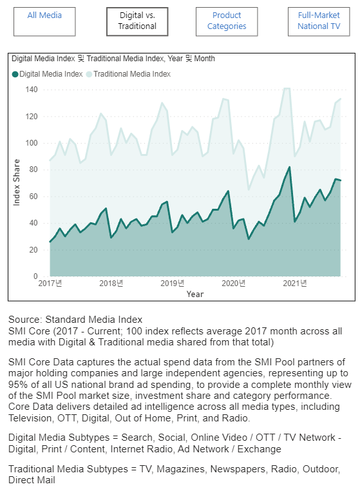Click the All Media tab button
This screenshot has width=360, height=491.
point(44,22)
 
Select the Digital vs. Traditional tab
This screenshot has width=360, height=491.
point(137,22)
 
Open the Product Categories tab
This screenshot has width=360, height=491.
point(227,22)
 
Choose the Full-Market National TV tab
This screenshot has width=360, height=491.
point(319,22)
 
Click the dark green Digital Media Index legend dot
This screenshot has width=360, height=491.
point(15,74)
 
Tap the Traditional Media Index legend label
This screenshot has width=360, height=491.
point(132,74)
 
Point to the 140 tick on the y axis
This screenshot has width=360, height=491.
point(32,90)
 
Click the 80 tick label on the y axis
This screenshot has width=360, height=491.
point(33,169)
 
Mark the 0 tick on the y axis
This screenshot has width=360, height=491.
point(35,276)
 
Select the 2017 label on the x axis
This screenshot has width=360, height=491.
point(50,284)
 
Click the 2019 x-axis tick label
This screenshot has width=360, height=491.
point(173,284)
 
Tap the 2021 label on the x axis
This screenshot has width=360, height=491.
point(295,284)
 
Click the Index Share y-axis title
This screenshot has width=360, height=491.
point(16,182)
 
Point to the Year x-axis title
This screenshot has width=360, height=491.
point(195,294)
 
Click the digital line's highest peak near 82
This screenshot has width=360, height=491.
point(290,168)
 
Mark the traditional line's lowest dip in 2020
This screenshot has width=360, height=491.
point(249,189)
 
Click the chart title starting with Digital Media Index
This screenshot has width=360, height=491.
point(113,59)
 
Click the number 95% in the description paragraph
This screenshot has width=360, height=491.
point(18,385)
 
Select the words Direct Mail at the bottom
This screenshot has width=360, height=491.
point(32,480)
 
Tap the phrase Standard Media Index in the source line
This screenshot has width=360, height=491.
point(94,320)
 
